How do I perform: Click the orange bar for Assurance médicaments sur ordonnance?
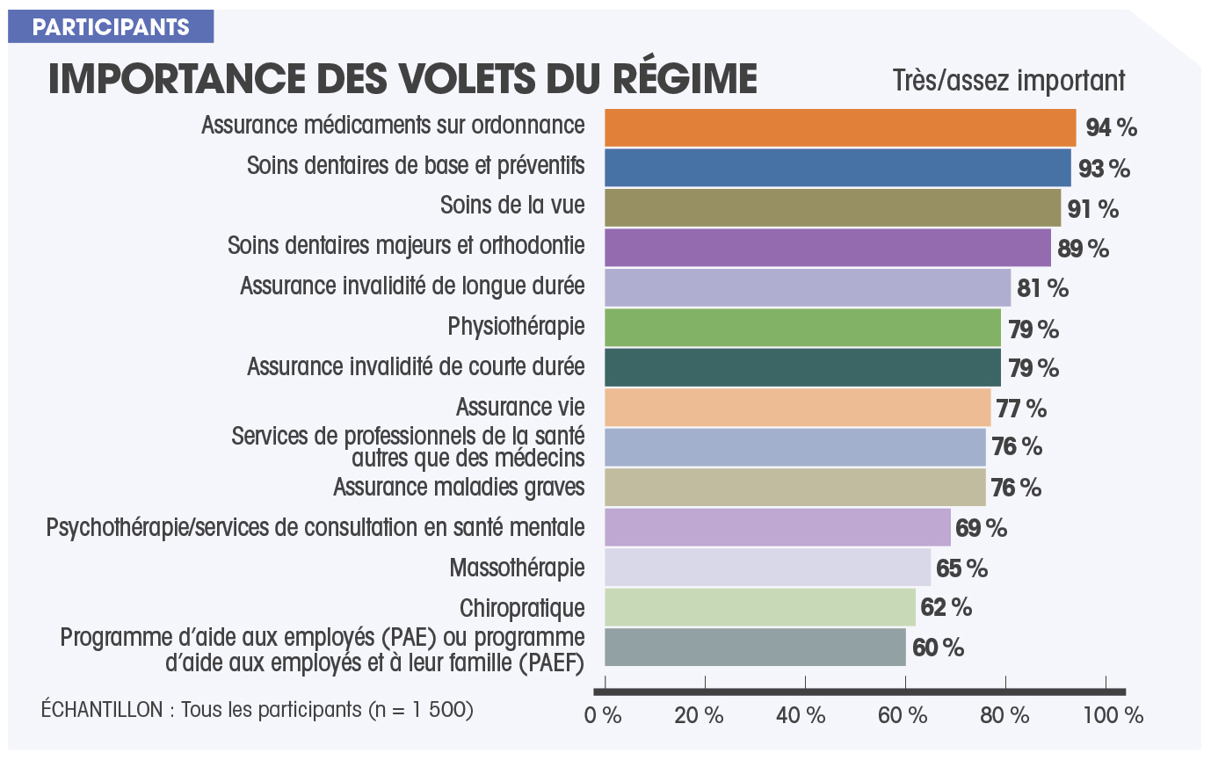(839, 128)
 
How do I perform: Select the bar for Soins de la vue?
(832, 208)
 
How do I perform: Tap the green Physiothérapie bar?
(802, 328)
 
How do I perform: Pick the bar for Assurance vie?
(797, 408)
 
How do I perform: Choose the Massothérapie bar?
(767, 568)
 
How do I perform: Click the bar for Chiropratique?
(759, 607)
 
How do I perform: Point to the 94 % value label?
(1111, 128)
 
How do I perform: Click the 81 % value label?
(1042, 288)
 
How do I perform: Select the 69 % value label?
(982, 528)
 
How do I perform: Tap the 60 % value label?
(938, 648)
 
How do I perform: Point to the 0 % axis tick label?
(603, 715)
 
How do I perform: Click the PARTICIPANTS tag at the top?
(111, 27)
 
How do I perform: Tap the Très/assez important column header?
(1008, 81)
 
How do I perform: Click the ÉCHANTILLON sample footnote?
(257, 709)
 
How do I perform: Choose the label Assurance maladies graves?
(459, 486)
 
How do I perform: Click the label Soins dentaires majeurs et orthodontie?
(406, 245)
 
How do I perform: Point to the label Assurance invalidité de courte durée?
(416, 366)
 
